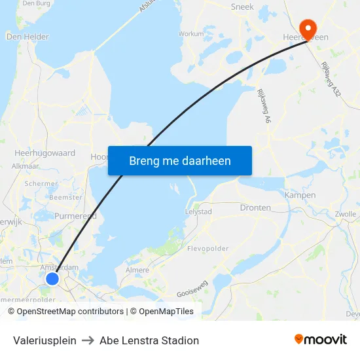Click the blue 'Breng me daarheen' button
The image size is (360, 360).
179,160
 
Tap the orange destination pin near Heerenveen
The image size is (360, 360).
306,27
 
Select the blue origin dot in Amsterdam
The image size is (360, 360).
52,279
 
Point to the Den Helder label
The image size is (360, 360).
27,37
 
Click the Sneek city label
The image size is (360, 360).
242,7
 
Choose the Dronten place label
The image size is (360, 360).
255,207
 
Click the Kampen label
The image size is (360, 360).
300,195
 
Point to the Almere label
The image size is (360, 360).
137,270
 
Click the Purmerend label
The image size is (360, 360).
75,216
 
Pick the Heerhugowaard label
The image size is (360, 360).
45,153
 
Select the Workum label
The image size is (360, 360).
191,33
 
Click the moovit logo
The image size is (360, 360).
321,340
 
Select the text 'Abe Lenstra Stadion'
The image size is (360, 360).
149,340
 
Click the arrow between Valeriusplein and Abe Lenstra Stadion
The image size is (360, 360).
88,340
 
